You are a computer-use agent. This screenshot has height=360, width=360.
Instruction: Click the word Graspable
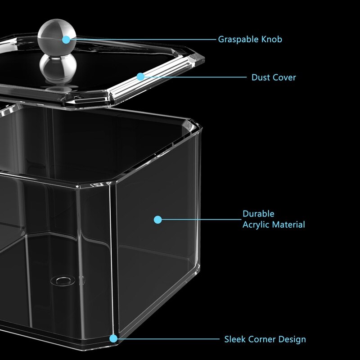point(238,40)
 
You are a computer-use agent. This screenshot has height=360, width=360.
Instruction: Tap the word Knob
point(272,39)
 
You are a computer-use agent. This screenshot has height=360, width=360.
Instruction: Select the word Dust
point(261,77)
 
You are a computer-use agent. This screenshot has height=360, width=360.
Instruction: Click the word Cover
point(285,77)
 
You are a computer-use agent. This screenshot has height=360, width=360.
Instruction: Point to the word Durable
point(258,214)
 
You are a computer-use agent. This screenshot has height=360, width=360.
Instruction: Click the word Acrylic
point(258,225)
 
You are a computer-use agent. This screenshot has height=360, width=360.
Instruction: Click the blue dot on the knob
point(66,40)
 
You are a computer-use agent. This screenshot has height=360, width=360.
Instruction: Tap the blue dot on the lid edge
point(140,76)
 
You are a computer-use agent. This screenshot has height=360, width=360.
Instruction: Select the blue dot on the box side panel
point(158,220)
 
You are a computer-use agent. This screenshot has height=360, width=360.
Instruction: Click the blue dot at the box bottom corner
point(113,339)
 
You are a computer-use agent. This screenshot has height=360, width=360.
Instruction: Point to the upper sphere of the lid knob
point(57,37)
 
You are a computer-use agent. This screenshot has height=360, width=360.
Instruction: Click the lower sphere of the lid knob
point(58,67)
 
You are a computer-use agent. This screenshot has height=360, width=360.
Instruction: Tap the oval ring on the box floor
point(63,281)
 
